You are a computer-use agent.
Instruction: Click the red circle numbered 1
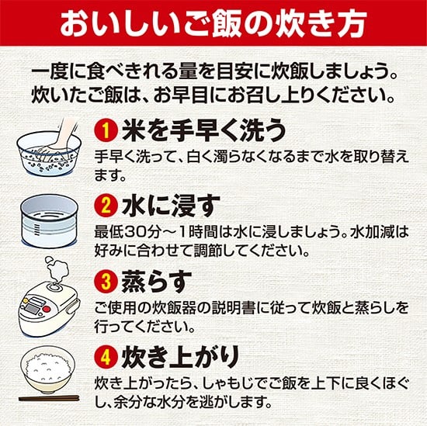click(x=106, y=131)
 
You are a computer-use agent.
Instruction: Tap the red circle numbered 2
click(x=106, y=206)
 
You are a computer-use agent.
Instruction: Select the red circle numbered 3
click(x=106, y=281)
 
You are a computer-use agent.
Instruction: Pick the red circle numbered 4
click(x=106, y=357)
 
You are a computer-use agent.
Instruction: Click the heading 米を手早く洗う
click(x=203, y=131)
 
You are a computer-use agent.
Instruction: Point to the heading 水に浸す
click(x=171, y=206)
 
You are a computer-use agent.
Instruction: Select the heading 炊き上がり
click(x=180, y=357)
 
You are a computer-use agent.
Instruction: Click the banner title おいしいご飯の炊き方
click(x=213, y=23)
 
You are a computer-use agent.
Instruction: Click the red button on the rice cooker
click(x=47, y=310)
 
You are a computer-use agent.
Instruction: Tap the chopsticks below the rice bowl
click(x=49, y=398)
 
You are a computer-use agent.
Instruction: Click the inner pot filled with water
click(x=49, y=220)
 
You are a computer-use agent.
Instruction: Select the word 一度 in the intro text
click(x=49, y=73)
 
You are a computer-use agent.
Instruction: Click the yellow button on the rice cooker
click(x=26, y=300)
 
